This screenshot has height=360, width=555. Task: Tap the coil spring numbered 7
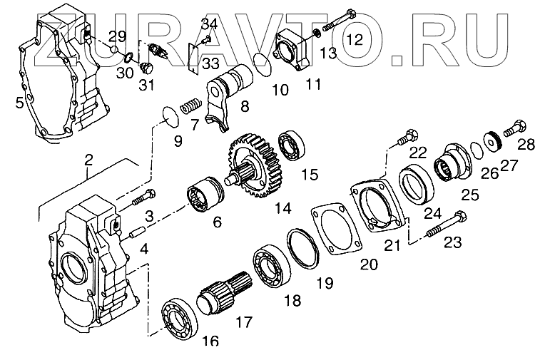click(x=190, y=108)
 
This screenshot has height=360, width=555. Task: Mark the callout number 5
click(x=19, y=103)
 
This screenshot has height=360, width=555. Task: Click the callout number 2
click(x=88, y=160)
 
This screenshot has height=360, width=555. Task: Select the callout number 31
click(x=146, y=87)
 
